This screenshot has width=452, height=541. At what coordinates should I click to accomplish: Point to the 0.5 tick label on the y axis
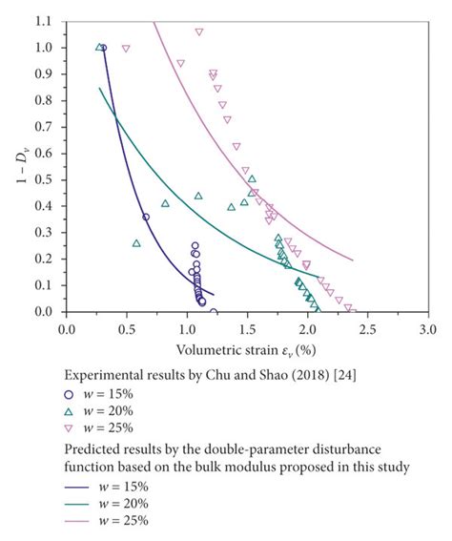tap(47, 179)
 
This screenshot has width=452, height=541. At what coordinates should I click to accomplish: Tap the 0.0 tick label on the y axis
tap(47, 312)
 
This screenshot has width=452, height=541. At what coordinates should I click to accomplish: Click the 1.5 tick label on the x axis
tap(247, 328)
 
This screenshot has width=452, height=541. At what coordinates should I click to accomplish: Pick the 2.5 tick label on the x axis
tap(367, 328)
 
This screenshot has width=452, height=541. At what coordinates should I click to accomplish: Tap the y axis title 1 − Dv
tap(16, 166)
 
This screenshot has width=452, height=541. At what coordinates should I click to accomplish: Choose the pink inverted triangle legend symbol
tap(68, 427)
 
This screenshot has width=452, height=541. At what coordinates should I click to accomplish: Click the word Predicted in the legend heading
tap(89, 446)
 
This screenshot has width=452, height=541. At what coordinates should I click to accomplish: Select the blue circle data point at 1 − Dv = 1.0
tap(103, 48)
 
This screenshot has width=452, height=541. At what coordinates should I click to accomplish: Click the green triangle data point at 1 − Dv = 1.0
tap(98, 46)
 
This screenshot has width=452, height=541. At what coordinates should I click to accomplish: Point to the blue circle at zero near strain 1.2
tap(213, 312)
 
